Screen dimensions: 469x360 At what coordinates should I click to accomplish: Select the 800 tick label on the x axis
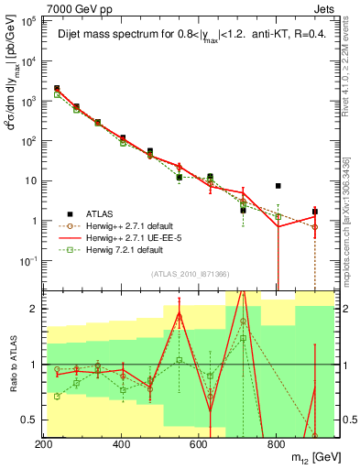tap(276, 442)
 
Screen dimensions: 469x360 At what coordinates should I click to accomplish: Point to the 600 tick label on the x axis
tap(199, 442)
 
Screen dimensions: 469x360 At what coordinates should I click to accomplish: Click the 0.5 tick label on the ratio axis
tap(28, 420)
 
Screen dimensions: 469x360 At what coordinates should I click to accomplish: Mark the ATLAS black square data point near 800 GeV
tap(278, 186)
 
